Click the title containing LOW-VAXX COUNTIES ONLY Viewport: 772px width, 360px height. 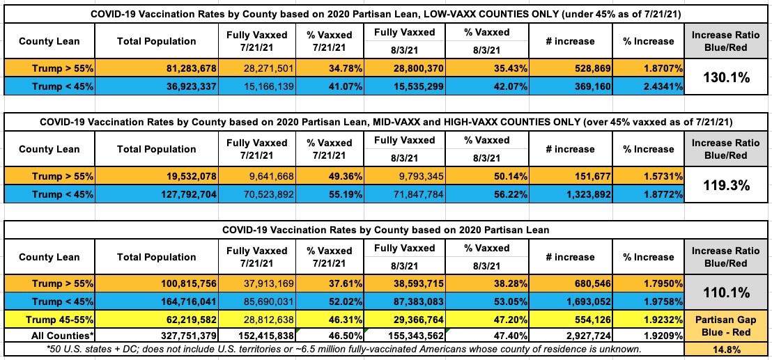pyautogui.click(x=385, y=13)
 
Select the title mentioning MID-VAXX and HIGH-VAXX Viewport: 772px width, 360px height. pyautogui.click(x=385, y=121)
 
